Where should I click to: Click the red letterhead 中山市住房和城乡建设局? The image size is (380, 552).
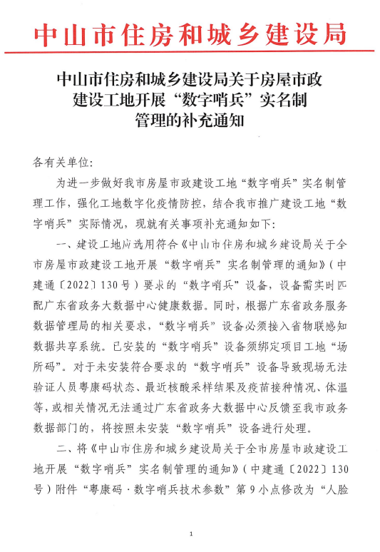pos(190,34)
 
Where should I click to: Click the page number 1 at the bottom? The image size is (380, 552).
pos(191,533)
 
